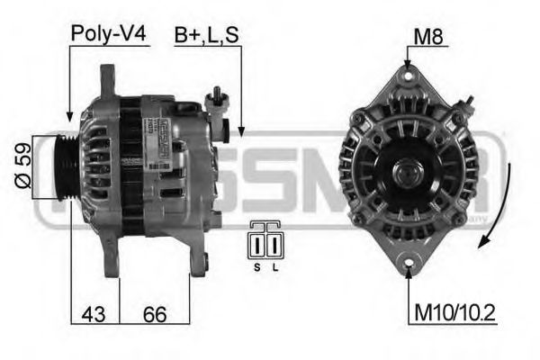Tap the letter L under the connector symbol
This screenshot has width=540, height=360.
[x=274, y=267]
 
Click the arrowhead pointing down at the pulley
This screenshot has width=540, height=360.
[x=69, y=114]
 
